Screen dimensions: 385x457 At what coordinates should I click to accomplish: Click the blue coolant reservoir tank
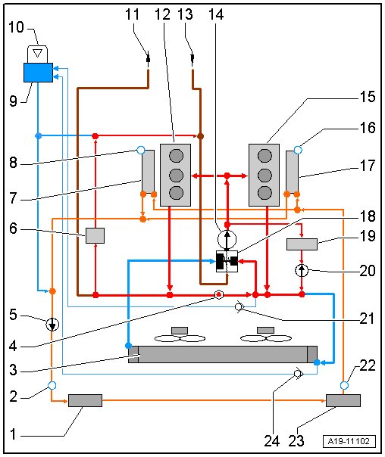(x=38, y=73)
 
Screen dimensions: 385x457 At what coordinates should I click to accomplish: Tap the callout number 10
(x=16, y=27)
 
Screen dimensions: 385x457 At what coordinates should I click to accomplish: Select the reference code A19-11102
(x=349, y=441)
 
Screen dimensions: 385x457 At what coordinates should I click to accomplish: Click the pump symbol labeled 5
(x=52, y=324)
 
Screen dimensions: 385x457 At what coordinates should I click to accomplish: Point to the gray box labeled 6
(x=95, y=235)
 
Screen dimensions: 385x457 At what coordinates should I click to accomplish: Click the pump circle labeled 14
(x=227, y=239)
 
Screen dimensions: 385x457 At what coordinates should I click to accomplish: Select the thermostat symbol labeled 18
(x=227, y=262)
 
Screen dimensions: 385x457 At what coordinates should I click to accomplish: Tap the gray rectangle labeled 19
(x=302, y=244)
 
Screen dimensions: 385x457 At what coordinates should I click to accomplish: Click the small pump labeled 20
(x=302, y=270)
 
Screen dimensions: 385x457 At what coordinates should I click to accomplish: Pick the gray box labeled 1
(x=85, y=400)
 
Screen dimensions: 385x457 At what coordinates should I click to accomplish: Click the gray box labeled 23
(x=343, y=400)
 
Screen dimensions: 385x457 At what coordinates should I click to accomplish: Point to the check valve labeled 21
(x=239, y=307)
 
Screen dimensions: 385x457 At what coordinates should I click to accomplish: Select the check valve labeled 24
(x=299, y=373)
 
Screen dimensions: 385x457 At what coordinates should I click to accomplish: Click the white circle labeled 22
(x=344, y=385)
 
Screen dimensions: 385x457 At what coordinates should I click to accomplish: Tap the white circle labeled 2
(x=52, y=385)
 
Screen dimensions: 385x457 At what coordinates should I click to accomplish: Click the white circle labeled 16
(x=298, y=150)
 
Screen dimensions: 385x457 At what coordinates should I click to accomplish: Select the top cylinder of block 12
(x=177, y=156)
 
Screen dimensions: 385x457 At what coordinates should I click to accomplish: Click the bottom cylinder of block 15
(x=264, y=193)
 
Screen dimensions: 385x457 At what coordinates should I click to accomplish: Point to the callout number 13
(x=185, y=14)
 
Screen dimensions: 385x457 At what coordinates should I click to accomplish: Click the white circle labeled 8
(x=141, y=150)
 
